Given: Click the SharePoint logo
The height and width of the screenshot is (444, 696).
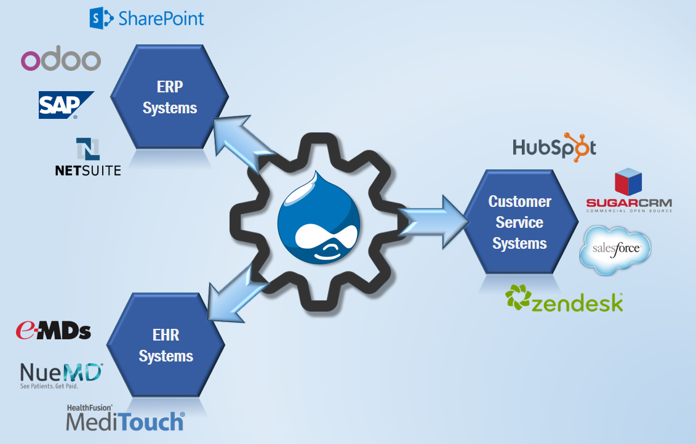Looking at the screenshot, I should pos(146,18).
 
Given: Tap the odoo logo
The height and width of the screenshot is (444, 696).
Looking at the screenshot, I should pos(60,60).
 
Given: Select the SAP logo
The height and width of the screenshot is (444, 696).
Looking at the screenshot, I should pos(65,105).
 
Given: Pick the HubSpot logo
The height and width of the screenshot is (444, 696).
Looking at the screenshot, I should pos(554,147).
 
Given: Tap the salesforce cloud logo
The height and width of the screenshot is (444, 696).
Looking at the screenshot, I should pos(615,249).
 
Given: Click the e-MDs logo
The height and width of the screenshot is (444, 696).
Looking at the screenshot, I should pos(54,331).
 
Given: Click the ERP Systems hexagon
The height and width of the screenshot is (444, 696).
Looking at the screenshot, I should pos(169,97).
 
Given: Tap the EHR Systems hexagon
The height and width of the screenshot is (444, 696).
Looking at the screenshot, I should pos(166,345).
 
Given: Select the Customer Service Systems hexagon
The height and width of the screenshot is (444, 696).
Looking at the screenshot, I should pos(520,222).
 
